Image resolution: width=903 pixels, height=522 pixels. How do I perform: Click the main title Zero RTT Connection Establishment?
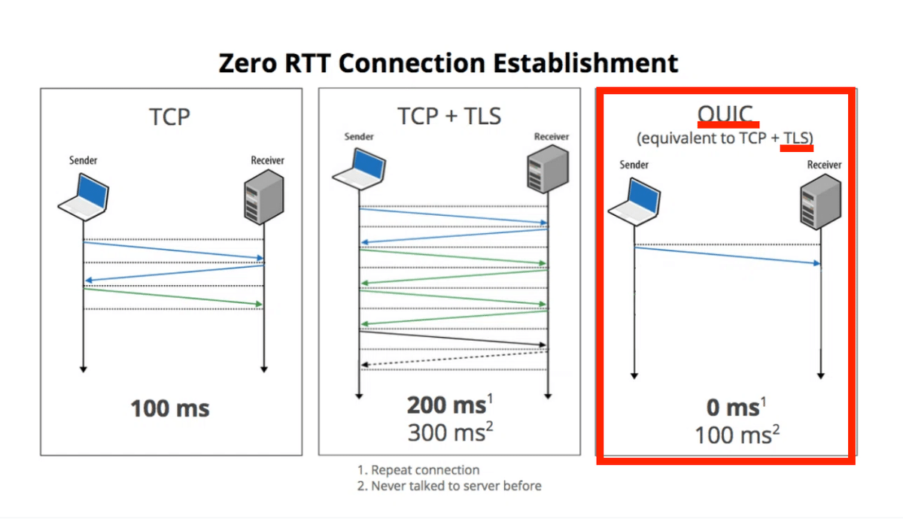(448, 62)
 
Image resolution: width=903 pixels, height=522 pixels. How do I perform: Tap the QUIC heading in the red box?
(725, 114)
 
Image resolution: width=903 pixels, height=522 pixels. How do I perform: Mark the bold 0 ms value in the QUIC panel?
(732, 408)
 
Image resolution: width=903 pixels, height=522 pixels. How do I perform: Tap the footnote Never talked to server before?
(448, 486)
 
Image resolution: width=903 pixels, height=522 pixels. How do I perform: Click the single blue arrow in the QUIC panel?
(727, 256)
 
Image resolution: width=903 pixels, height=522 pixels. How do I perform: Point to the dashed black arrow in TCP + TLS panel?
(454, 360)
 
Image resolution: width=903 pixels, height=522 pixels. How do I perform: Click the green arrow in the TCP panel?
(173, 297)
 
